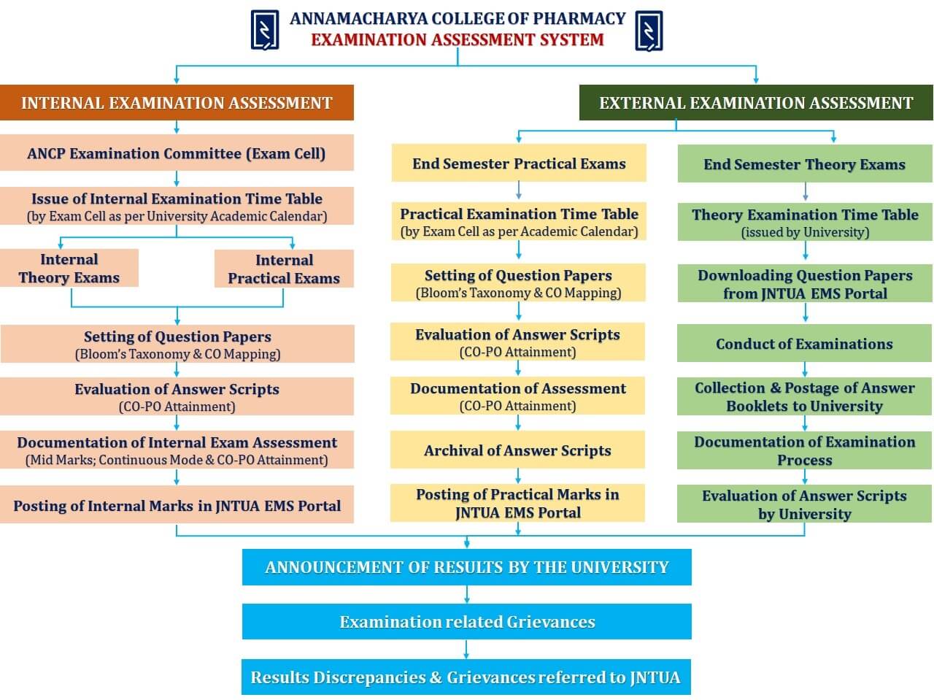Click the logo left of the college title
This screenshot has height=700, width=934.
(x=265, y=30)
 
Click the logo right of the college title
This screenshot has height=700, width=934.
(x=649, y=30)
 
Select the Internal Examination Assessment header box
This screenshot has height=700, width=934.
(x=177, y=102)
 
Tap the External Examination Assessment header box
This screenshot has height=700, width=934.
(x=756, y=102)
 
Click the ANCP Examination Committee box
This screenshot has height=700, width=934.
(x=177, y=153)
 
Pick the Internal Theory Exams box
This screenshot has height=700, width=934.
(x=69, y=268)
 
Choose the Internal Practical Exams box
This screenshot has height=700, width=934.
(x=284, y=269)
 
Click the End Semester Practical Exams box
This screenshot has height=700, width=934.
(x=519, y=163)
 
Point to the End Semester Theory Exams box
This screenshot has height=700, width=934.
(x=805, y=164)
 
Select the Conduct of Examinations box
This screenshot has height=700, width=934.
(x=804, y=343)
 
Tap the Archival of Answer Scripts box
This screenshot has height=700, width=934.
(x=517, y=450)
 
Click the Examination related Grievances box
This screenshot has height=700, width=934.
(x=467, y=621)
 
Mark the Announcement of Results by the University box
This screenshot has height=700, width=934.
(x=467, y=567)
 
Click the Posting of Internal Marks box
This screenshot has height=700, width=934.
(x=177, y=504)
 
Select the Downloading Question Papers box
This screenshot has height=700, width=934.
(x=805, y=283)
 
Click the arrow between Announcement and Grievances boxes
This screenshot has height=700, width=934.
(x=467, y=594)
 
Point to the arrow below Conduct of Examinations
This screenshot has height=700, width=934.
(x=804, y=369)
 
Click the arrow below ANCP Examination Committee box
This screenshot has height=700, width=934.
(x=177, y=179)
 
